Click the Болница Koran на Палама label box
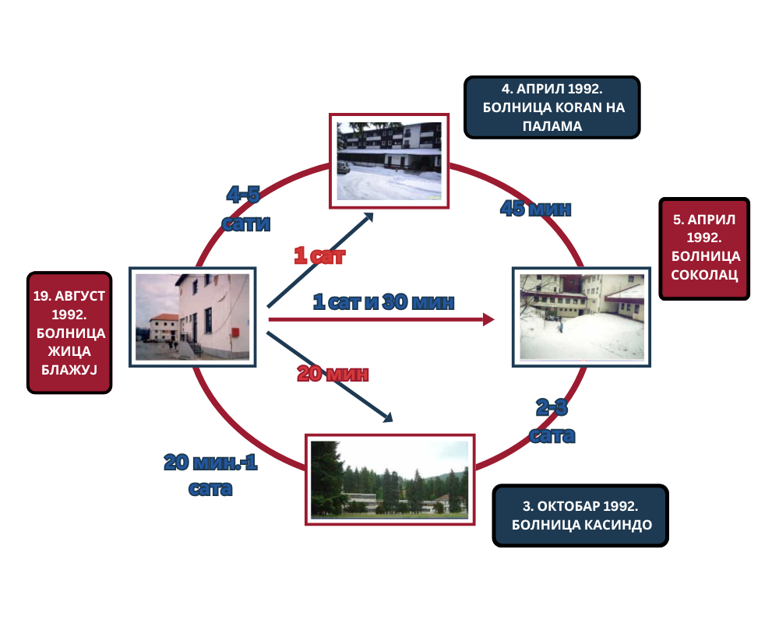[x=552, y=107]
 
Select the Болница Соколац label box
[x=704, y=248]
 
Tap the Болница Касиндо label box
[x=580, y=516]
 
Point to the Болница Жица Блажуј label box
[x=69, y=333]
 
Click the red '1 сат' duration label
[x=319, y=255]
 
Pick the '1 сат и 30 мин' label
[x=383, y=301]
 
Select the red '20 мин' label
[x=333, y=374]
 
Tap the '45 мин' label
[x=536, y=209]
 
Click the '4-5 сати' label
[x=246, y=209]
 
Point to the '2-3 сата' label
[x=552, y=421]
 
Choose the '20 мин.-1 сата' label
[x=210, y=475]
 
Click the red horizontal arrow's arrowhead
[x=489, y=319]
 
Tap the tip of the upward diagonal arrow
[x=373, y=213]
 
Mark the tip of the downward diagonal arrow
[x=393, y=422]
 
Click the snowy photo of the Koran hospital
[x=389, y=161]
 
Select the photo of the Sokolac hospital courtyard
[x=581, y=317]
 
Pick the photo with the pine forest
[x=390, y=480]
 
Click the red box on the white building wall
[x=235, y=332]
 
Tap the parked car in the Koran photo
[x=344, y=167]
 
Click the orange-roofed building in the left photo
[x=164, y=327]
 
